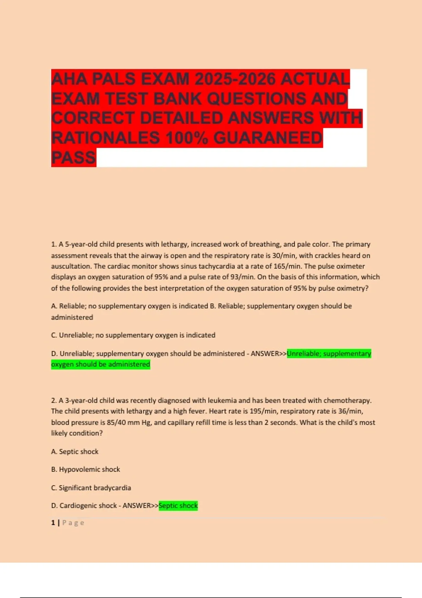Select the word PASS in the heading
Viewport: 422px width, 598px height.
click(x=73, y=157)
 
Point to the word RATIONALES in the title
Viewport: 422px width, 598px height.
click(x=105, y=138)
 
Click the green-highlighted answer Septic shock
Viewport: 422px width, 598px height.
click(x=178, y=506)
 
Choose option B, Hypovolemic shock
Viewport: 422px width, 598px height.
click(x=89, y=470)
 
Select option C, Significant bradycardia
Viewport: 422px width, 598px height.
click(x=95, y=488)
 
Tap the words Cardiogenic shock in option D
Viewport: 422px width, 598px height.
click(x=88, y=506)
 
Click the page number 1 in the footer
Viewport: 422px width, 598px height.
click(x=53, y=523)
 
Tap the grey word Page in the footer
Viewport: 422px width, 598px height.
click(x=73, y=523)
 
